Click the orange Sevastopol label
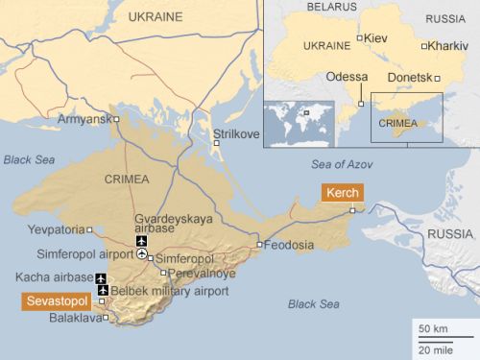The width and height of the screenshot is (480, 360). pyautogui.click(x=56, y=301)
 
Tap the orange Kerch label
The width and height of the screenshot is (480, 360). pyautogui.click(x=343, y=193)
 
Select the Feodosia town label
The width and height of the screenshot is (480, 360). pyautogui.click(x=291, y=245)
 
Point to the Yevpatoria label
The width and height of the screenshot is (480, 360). pyautogui.click(x=57, y=229)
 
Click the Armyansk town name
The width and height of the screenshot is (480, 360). pyautogui.click(x=84, y=119)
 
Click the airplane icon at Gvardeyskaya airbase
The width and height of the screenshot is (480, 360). pyautogui.click(x=142, y=241)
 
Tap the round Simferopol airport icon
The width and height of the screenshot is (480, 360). pyautogui.click(x=142, y=255)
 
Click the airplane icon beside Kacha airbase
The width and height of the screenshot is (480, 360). pyautogui.click(x=102, y=277)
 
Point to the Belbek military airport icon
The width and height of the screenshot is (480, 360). pyautogui.click(x=102, y=290)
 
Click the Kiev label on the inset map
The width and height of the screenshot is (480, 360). pyautogui.click(x=376, y=37)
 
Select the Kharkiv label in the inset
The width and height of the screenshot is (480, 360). pyautogui.click(x=447, y=45)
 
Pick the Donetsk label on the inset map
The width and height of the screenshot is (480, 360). pyautogui.click(x=409, y=76)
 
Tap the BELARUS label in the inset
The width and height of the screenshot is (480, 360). pyautogui.click(x=331, y=7)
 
